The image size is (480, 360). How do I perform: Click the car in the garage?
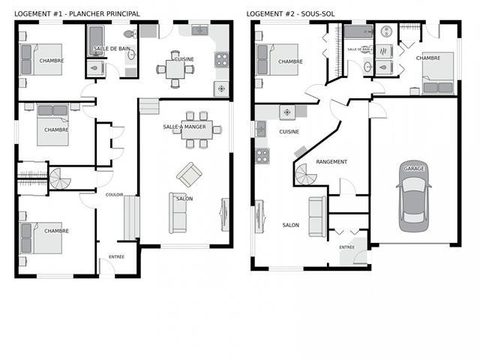(x=414, y=196)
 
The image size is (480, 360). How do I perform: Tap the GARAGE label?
(x=414, y=168)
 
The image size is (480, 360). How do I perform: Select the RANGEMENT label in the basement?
(x=331, y=162)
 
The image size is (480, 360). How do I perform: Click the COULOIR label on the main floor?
(x=114, y=195)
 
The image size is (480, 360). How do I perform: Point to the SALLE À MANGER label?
(x=184, y=127)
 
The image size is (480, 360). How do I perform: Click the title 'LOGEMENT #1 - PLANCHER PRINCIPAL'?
(x=77, y=13)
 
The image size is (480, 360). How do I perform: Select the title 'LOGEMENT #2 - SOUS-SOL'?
(x=290, y=13)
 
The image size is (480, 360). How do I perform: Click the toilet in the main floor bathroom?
(x=130, y=34)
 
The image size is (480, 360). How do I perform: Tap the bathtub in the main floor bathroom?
(x=96, y=41)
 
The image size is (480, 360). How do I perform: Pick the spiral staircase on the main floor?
(x=60, y=178)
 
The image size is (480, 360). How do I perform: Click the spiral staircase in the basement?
(x=306, y=175)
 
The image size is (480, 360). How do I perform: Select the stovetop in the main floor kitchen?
(x=222, y=60)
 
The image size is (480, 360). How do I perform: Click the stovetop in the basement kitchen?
(x=262, y=156)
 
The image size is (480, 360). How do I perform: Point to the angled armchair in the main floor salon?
(x=189, y=175)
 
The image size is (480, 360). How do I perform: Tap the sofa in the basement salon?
(x=317, y=217)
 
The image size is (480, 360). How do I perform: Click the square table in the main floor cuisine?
(x=175, y=70)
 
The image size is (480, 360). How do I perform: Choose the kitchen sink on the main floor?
(x=199, y=30)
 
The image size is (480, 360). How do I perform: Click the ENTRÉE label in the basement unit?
(x=346, y=247)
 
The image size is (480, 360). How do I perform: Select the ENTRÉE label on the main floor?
(x=117, y=256)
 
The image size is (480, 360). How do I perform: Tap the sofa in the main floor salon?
(x=178, y=213)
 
